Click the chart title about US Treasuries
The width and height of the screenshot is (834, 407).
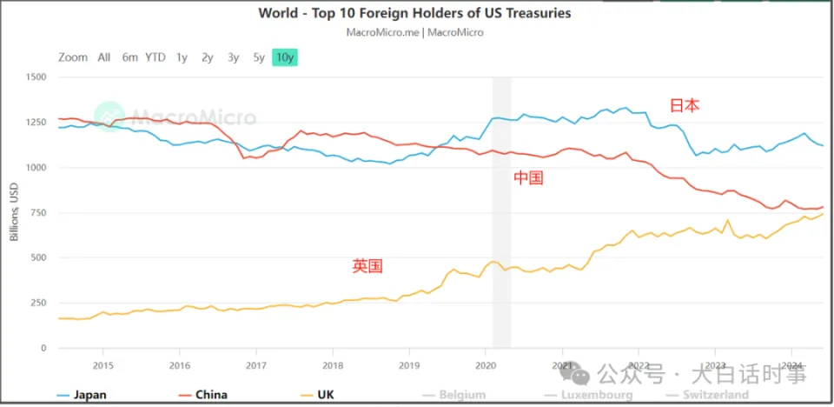[x=414, y=13]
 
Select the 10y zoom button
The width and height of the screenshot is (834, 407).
[x=285, y=57]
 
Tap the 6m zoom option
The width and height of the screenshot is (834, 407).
[x=129, y=57]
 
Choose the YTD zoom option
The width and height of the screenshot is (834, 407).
[x=155, y=57]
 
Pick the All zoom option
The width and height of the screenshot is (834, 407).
[x=104, y=57]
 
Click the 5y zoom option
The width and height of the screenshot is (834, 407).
[x=259, y=57]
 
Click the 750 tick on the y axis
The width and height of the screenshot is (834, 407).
[x=38, y=213]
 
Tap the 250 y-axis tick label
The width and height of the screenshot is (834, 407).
[x=38, y=304]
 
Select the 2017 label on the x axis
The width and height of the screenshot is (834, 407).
[x=255, y=365]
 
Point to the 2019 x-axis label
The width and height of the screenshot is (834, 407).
[x=408, y=365]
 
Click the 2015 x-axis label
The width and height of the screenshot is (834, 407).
[x=103, y=365]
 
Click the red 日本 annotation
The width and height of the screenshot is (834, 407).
[x=684, y=105]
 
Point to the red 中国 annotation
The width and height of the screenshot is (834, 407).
[x=528, y=178]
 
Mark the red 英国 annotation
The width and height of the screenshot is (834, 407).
[x=367, y=266]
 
